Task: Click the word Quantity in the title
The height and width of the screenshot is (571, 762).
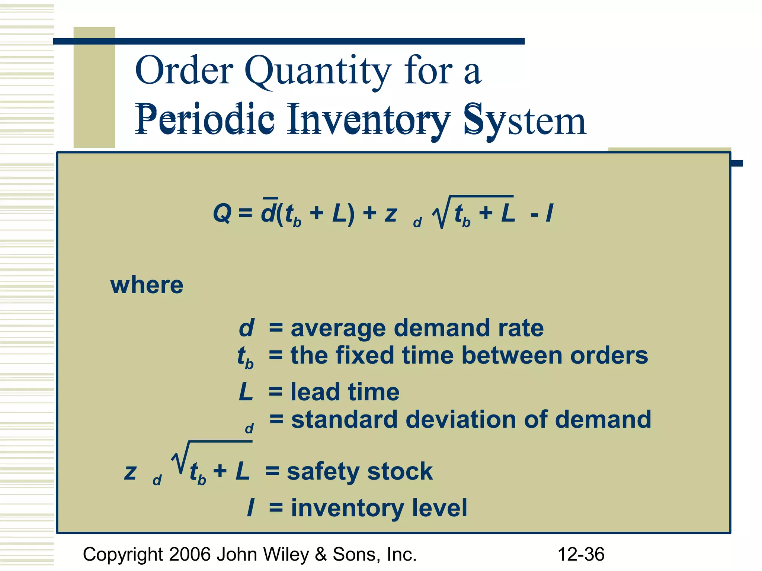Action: click(x=318, y=71)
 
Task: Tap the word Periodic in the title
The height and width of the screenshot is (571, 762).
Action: click(x=205, y=120)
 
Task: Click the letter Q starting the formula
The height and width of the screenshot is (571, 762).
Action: click(x=222, y=213)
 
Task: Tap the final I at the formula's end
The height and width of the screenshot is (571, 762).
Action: click(x=549, y=213)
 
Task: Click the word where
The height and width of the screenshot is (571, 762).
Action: click(x=147, y=285)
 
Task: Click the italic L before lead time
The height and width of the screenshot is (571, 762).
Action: click(x=246, y=392)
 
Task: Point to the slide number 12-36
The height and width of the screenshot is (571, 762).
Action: click(x=581, y=554)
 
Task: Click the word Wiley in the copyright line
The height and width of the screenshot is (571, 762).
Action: click(x=286, y=554)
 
